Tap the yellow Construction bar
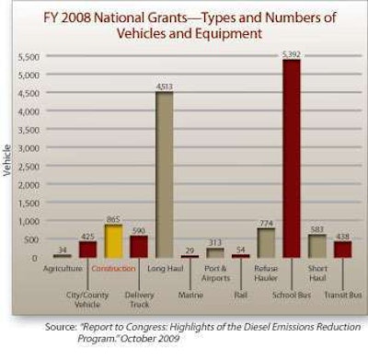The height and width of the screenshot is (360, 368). click(113, 241)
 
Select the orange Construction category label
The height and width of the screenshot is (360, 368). click(114, 267)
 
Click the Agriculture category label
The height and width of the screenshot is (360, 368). click(60, 267)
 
